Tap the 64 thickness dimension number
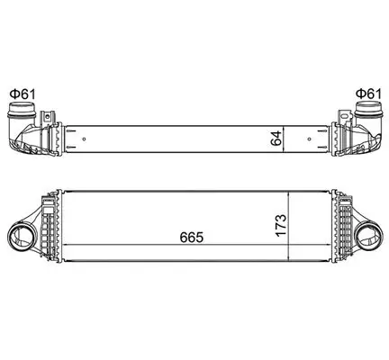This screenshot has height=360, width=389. coord(277,139)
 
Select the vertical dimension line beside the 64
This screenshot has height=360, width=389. coord(287,139)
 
